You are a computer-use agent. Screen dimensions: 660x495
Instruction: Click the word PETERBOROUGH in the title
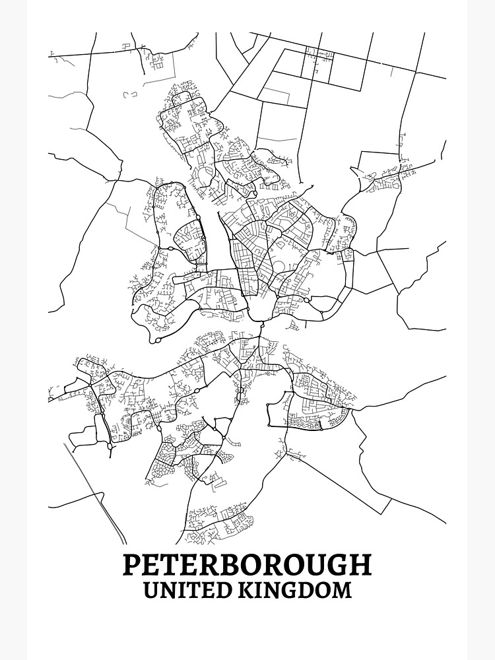click(x=247, y=565)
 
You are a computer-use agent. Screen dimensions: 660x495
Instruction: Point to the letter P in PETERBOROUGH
click(x=132, y=565)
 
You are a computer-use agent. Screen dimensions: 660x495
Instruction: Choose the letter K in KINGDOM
click(x=249, y=589)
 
